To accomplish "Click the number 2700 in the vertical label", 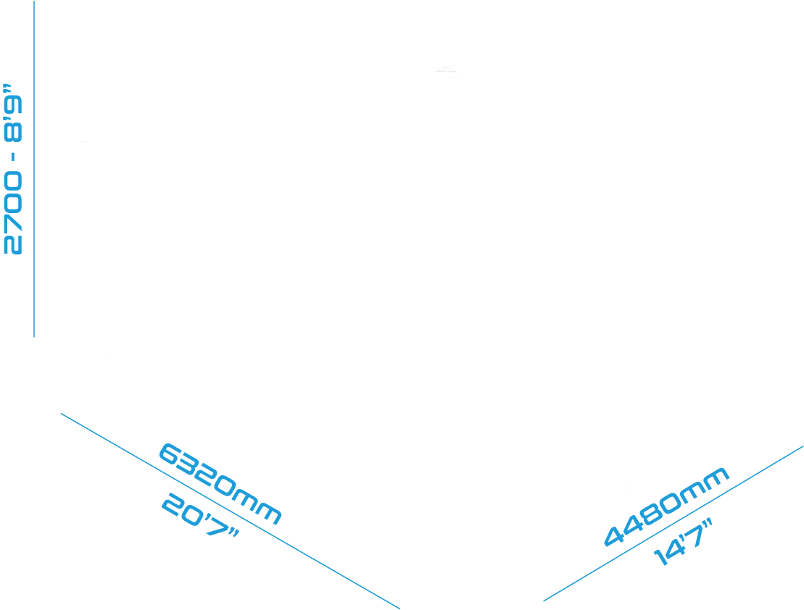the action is pos(13,213).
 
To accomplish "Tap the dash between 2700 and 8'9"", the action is pos(14,157).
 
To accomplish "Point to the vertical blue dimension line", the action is pos(34,169).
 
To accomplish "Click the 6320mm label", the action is pos(220,484).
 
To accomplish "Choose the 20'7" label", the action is pos(201,516).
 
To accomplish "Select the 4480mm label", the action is pos(666,506).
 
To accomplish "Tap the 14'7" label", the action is pos(682,543).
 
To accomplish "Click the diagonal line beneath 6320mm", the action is pos(231,511).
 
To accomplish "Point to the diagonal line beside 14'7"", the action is pos(674,523).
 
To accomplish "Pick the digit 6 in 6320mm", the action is pos(169,453).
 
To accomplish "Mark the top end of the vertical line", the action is pos(34,1).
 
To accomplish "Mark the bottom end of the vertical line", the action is pos(34,337).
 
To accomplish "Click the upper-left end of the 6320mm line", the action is pos(61,413).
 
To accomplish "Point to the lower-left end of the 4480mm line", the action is pos(544,601).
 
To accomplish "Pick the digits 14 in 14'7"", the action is pos(667,552).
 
